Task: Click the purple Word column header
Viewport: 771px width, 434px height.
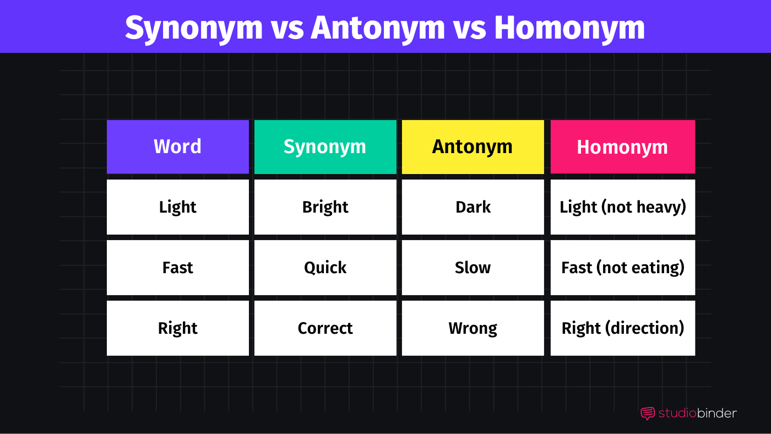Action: tap(177, 147)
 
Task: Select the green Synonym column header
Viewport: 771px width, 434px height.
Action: tap(325, 147)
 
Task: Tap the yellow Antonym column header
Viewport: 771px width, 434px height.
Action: tap(473, 147)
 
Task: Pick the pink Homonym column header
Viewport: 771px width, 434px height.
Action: tap(622, 147)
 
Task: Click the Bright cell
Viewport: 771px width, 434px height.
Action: tap(325, 207)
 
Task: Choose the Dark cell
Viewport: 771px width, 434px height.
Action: tap(473, 207)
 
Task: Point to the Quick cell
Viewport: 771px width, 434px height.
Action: tap(325, 268)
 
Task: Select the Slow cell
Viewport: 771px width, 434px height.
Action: tap(473, 268)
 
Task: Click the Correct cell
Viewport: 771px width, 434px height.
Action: tap(325, 328)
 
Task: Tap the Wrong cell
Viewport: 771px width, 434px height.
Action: tap(473, 328)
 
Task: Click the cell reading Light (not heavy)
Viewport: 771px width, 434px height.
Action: tap(622, 207)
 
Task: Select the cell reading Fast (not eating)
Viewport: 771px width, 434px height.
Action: tap(622, 268)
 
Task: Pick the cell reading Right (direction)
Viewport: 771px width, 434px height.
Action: tap(622, 328)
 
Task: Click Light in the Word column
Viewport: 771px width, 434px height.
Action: tap(177, 207)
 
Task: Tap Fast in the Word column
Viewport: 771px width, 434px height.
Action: tap(177, 268)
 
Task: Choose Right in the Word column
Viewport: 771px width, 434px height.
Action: tap(177, 328)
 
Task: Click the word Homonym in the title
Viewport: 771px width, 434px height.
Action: tap(569, 28)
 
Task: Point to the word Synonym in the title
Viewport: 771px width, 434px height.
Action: tap(194, 28)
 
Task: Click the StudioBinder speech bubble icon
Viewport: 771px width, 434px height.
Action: tap(648, 414)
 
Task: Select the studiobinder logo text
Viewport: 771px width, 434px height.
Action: tap(697, 413)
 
